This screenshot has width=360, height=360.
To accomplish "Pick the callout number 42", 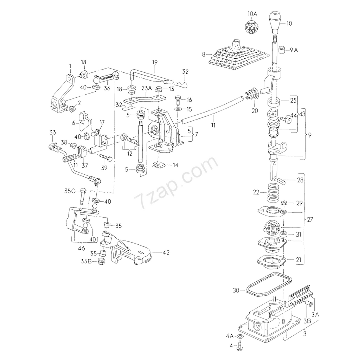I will pyautogui.click(x=166, y=252).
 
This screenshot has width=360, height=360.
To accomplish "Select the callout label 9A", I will pyautogui.click(x=294, y=50).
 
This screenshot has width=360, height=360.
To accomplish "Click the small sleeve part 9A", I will pyautogui.click(x=281, y=50).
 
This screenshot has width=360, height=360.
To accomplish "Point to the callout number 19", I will pyautogui.click(x=154, y=63).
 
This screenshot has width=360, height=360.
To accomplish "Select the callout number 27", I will pyautogui.click(x=310, y=220).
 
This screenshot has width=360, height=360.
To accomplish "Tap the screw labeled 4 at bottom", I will pyautogui.click(x=241, y=346).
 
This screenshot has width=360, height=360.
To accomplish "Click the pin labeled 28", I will pyautogui.click(x=281, y=181).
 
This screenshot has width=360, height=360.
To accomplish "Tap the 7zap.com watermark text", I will pyautogui.click(x=176, y=182).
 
